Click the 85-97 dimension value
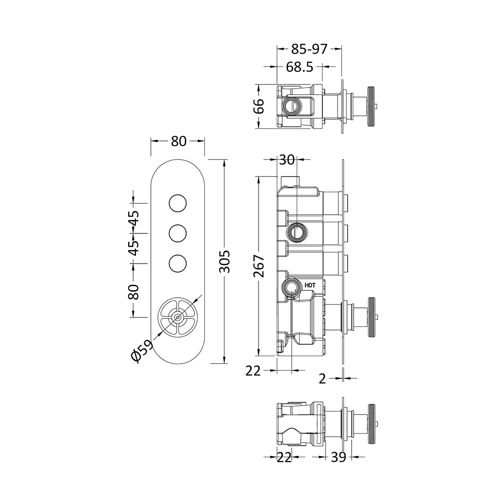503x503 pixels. point(309,49)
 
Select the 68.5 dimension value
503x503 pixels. point(299,67)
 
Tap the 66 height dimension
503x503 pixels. point(259,106)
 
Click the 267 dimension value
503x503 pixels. point(259,266)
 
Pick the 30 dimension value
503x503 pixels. point(287,159)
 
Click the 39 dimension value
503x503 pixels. point(338,457)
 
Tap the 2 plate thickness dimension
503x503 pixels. point(322,379)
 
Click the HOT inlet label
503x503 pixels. point(310,285)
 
